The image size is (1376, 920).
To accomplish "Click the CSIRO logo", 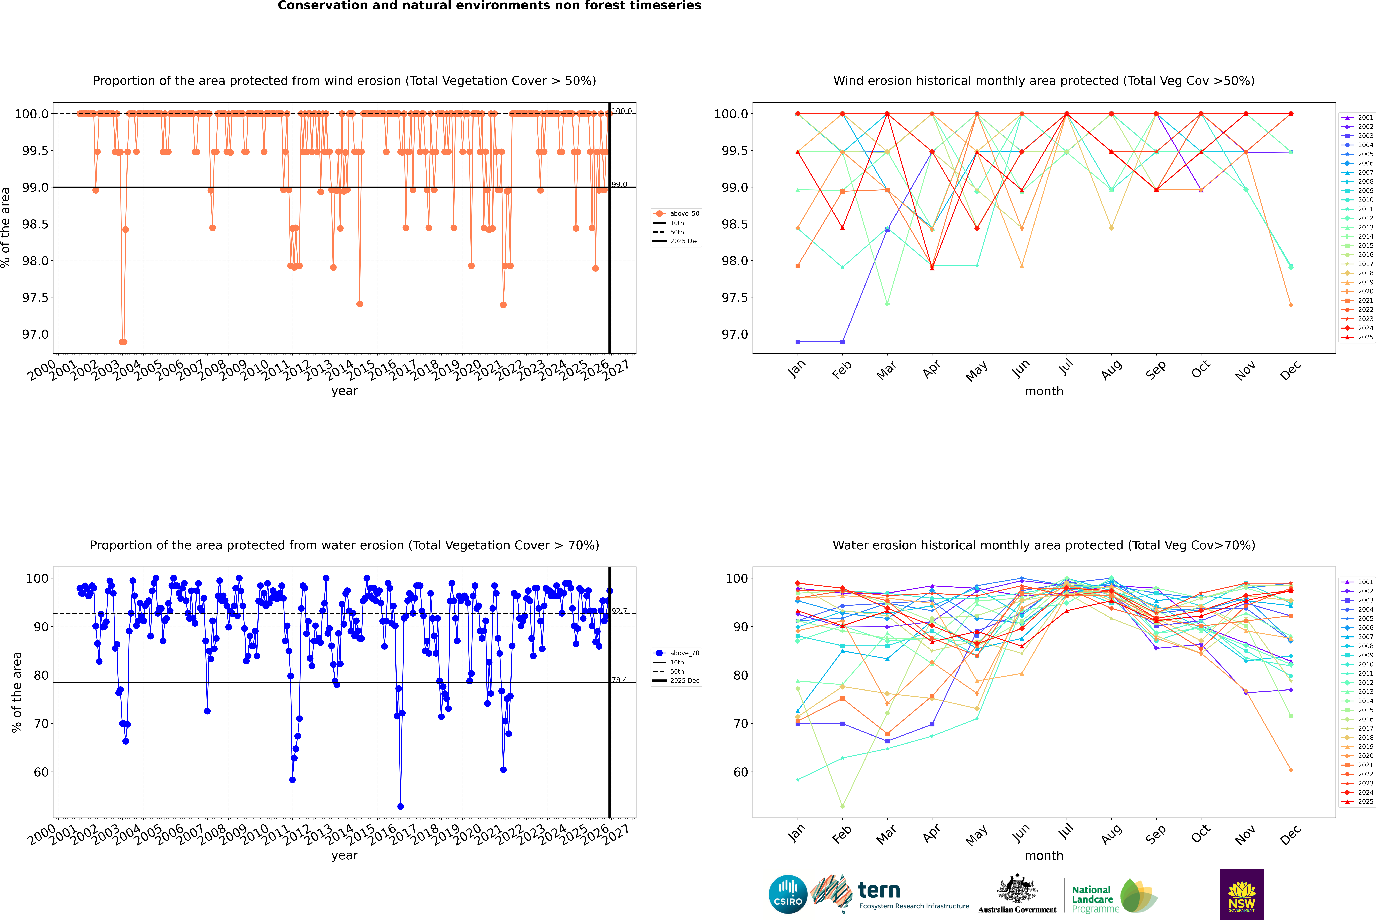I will click(x=788, y=894).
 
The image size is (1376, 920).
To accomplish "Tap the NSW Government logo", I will click(x=1242, y=894).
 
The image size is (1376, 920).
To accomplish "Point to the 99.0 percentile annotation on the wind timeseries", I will click(x=619, y=184).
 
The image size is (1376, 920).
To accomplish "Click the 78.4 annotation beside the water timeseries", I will click(x=619, y=680).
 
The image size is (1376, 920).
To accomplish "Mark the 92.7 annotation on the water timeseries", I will click(x=619, y=611).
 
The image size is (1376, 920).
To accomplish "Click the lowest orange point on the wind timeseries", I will click(x=123, y=342).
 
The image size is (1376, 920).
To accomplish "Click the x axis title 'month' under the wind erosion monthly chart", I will click(x=1043, y=391).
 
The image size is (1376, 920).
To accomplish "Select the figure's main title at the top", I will click(x=489, y=6).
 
